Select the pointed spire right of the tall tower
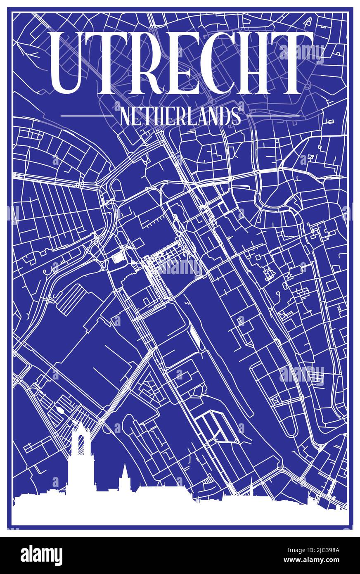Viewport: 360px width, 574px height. point(124,475)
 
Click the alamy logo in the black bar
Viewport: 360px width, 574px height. point(41,555)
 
